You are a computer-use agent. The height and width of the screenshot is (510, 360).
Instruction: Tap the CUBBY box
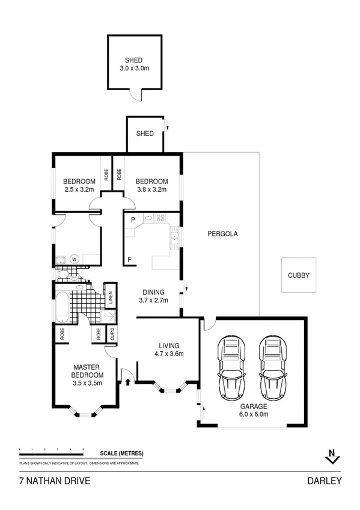(x=298, y=275)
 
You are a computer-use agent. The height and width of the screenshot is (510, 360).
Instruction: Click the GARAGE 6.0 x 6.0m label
(x=252, y=410)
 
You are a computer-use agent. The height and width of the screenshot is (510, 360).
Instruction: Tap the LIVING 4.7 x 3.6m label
(x=167, y=349)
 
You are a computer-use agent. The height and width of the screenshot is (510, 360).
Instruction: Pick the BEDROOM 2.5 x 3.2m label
(x=79, y=186)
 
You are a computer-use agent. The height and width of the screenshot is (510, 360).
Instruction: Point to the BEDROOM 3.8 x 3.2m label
(x=151, y=186)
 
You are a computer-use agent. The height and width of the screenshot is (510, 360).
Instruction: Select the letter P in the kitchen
(x=133, y=220)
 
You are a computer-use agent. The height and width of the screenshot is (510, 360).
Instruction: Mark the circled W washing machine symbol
(x=75, y=259)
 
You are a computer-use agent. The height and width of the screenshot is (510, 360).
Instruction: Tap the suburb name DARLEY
(x=325, y=481)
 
